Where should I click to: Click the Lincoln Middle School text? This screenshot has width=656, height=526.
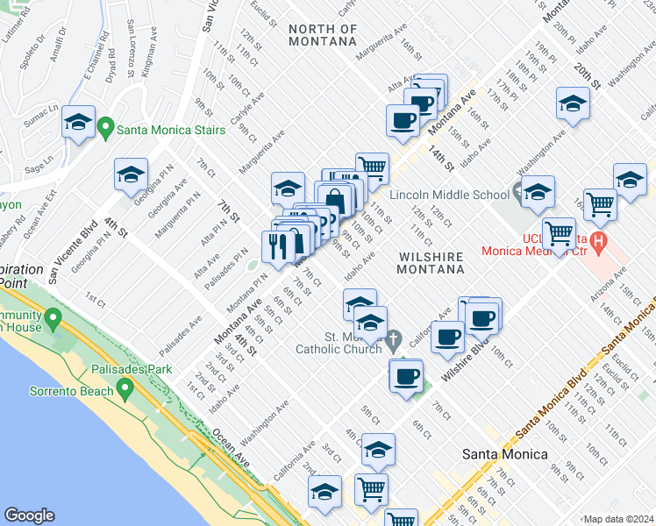tap(449, 194)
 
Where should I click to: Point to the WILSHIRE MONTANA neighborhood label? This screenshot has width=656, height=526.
tap(431, 262)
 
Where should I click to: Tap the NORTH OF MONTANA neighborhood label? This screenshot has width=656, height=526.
tap(323, 35)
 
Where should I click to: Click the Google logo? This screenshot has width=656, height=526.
tap(30, 515)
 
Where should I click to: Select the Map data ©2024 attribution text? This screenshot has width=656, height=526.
tap(618, 519)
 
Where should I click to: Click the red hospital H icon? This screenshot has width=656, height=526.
tap(599, 238)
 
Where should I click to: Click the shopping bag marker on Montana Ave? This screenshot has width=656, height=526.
tap(334, 199)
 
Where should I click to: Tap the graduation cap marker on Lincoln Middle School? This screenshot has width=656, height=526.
tap(537, 190)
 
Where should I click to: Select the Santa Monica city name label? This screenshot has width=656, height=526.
tap(504, 454)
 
